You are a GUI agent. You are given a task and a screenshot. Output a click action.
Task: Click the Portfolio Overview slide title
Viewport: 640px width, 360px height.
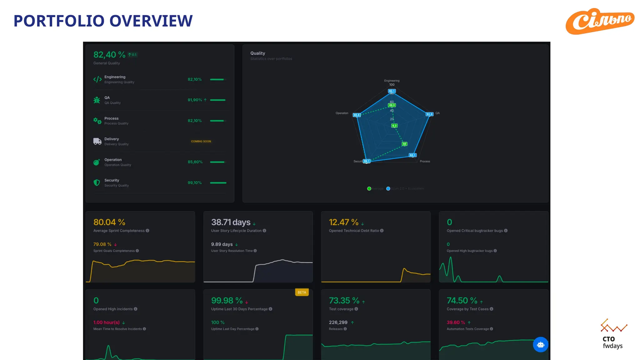point(103,21)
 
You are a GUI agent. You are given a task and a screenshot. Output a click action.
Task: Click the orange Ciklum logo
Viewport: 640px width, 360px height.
point(600,21)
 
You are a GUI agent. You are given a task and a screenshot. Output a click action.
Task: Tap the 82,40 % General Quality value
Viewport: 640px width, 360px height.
point(109,55)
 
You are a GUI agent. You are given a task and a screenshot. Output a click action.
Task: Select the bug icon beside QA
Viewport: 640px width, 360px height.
point(97,100)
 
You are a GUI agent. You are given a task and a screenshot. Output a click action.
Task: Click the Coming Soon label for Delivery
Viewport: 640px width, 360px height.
point(201,141)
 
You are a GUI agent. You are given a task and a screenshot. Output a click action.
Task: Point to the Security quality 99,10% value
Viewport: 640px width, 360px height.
point(194,183)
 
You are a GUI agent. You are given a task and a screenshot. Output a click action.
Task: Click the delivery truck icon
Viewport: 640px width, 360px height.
point(97,141)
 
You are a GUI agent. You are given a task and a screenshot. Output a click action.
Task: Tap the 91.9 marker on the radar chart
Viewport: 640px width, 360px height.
point(429,114)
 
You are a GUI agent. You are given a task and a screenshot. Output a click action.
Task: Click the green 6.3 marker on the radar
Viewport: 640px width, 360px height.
point(394,126)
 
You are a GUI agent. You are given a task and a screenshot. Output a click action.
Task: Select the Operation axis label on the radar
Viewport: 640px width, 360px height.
point(342,113)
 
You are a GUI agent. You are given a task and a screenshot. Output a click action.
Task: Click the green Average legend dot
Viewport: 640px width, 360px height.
point(369,188)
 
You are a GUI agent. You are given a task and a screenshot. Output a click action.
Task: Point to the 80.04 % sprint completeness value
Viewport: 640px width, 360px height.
point(109,222)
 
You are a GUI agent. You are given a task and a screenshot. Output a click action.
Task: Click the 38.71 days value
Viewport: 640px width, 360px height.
point(231,222)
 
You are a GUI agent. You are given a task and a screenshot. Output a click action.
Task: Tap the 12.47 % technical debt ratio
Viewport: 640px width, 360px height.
point(343,222)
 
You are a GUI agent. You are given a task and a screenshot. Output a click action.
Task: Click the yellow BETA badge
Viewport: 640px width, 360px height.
point(302,292)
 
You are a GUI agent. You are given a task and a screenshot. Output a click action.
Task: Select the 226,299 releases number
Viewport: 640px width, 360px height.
point(338,322)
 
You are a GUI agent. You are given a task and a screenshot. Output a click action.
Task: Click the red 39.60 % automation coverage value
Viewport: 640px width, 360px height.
point(456,322)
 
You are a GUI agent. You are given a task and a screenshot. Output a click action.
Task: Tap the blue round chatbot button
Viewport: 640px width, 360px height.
point(541,344)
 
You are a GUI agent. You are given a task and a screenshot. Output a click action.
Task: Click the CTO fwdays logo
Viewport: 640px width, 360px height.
point(613,334)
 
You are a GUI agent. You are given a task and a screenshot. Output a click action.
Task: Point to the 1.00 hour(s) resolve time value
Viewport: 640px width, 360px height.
point(106,322)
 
